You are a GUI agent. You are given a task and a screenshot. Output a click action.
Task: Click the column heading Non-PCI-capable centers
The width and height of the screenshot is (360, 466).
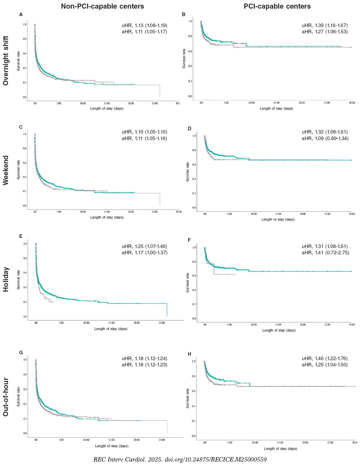coord(102,6)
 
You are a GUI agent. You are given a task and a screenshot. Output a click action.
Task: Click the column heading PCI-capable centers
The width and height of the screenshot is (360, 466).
coord(277,6)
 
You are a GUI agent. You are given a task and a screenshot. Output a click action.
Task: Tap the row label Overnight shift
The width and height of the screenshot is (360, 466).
coord(6,61)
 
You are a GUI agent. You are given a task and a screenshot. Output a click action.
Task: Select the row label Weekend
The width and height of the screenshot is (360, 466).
coord(6,170)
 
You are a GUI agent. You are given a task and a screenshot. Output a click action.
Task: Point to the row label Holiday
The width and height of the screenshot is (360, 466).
coord(6,280)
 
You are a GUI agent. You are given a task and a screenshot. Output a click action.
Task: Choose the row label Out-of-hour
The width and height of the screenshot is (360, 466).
coord(6,397)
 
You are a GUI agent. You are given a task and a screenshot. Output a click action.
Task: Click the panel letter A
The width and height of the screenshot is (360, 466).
coord(21,14)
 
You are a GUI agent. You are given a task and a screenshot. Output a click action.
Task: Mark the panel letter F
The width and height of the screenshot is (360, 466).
coord(189,240)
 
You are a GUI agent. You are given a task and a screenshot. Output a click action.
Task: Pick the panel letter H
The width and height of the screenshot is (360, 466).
coord(189,354)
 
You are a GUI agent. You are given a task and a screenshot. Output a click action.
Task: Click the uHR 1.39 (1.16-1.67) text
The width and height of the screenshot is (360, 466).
coord(325,25)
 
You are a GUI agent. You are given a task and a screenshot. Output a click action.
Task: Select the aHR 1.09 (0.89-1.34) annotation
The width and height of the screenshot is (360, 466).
coord(325,138)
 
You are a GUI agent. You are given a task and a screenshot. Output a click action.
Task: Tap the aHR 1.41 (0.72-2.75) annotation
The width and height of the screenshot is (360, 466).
coord(325,252)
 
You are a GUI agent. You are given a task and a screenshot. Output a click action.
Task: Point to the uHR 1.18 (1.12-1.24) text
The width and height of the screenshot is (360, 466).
coord(144,358)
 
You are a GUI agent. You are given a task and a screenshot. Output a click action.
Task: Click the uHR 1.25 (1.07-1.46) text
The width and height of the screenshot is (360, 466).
coord(144,246)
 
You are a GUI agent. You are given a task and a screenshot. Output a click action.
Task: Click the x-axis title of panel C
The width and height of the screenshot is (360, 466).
coord(107,217)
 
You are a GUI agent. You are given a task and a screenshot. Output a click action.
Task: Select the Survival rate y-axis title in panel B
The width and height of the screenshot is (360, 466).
coord(184,58)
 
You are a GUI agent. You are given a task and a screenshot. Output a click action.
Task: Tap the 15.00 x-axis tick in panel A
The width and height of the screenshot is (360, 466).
coord(107,103)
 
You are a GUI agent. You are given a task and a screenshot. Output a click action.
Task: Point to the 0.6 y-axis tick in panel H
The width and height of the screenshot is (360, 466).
coord(194,391)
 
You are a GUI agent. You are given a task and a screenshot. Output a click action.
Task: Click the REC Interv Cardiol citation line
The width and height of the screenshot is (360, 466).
coord(180,459)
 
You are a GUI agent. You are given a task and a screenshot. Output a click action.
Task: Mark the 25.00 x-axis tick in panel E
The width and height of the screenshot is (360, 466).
coord(162,323)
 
